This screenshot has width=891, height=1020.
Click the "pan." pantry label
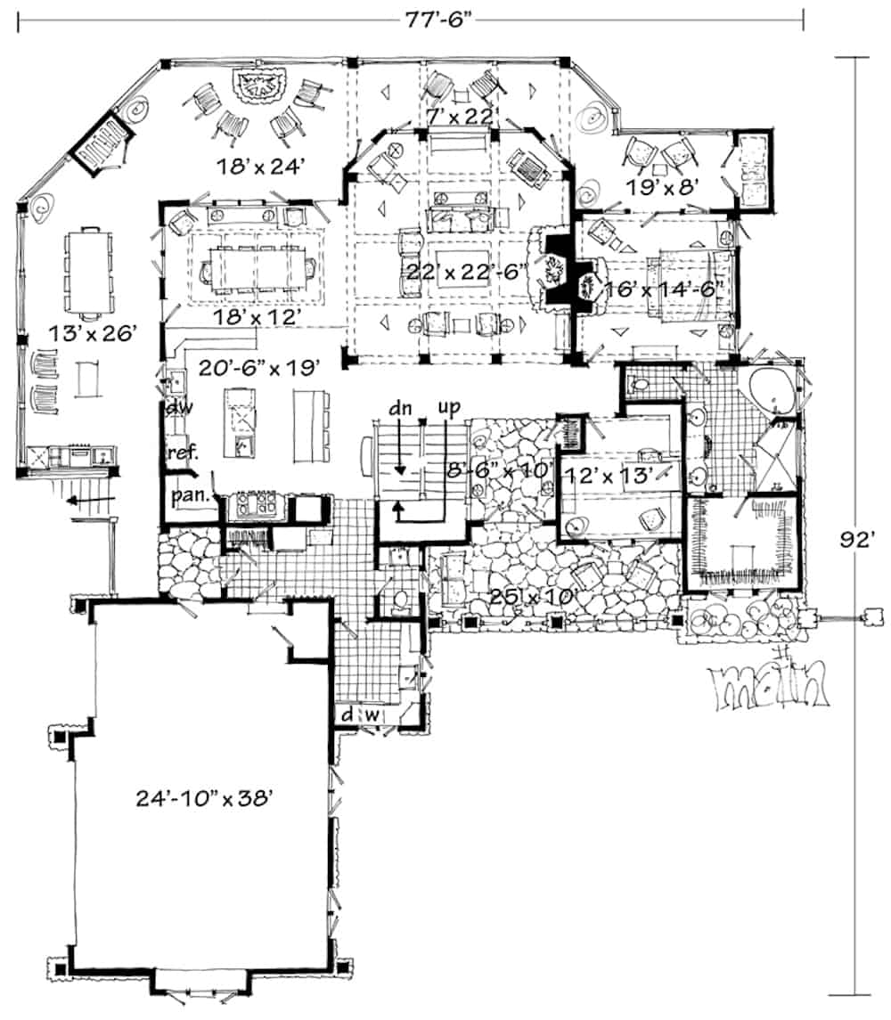tap(188, 494)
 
